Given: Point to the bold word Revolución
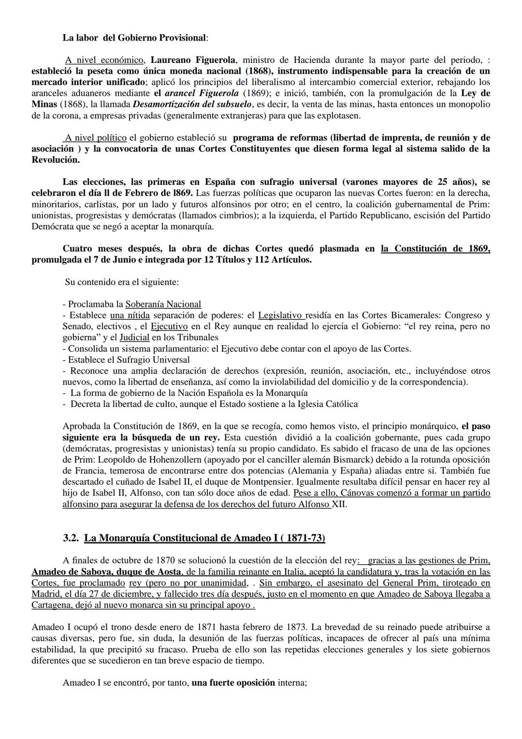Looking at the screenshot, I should [55, 160].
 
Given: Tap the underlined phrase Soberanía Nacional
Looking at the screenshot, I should [163, 304].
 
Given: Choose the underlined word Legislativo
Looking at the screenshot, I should [280, 316].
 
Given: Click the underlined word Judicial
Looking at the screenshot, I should [134, 338].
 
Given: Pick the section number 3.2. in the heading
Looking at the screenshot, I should [72, 538].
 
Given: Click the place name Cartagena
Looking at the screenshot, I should [52, 605].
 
